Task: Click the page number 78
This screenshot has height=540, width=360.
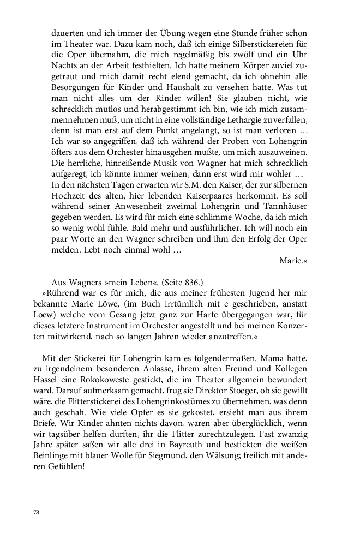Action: (x=37, y=513)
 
